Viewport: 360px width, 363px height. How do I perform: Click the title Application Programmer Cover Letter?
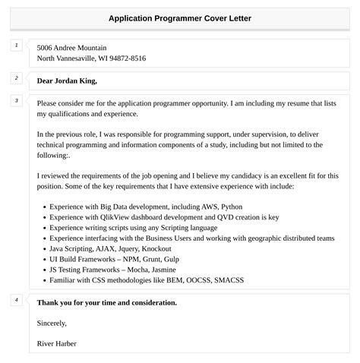click(x=179, y=17)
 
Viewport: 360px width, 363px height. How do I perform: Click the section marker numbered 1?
click(x=16, y=46)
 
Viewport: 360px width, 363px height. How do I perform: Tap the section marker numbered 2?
click(x=16, y=77)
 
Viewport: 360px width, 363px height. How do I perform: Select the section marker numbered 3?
click(x=16, y=100)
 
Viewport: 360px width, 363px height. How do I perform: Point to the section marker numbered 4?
click(x=16, y=300)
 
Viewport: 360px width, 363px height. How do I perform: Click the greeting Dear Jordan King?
click(x=67, y=80)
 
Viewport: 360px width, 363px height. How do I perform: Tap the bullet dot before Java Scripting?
click(x=44, y=248)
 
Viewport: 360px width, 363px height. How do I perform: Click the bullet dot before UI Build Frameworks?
click(x=44, y=259)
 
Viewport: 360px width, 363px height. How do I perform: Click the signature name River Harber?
click(x=56, y=343)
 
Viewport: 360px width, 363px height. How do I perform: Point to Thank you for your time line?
click(x=106, y=302)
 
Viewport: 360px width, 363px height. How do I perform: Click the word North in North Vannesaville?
click(x=46, y=58)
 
